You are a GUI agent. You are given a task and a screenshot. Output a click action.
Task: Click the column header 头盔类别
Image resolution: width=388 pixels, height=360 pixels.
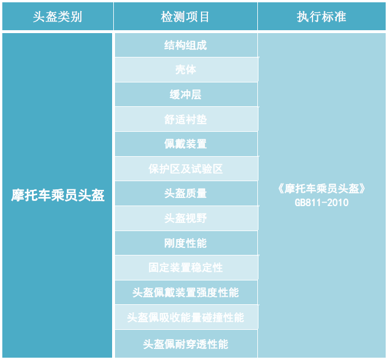[58, 17]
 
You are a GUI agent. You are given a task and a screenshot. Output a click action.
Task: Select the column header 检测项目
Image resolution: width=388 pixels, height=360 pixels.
[186, 17]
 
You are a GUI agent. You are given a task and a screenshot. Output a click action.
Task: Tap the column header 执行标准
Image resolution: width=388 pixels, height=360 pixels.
[322, 17]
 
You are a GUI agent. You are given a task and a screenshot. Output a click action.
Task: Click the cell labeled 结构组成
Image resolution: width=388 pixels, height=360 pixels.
[186, 45]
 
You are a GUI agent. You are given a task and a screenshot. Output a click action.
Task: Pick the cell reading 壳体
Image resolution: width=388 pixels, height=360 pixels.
[186, 70]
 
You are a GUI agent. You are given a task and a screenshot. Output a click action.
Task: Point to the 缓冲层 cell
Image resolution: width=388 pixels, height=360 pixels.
[186, 95]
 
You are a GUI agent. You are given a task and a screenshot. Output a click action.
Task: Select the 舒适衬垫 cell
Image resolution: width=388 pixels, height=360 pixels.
[186, 119]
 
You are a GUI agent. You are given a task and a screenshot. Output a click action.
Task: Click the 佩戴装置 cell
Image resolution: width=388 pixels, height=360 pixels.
[186, 144]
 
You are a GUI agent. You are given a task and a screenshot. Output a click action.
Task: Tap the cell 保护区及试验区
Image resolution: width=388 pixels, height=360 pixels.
[186, 169]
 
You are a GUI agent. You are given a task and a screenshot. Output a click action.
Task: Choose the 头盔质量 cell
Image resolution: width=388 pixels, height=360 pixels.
[186, 193]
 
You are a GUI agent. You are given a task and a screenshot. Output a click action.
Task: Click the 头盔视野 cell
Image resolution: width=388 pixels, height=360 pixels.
[186, 218]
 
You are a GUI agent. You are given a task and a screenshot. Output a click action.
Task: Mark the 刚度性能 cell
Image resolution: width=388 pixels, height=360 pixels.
[186, 243]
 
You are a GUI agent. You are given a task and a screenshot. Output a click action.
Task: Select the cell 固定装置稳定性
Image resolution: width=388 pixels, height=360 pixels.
[186, 268]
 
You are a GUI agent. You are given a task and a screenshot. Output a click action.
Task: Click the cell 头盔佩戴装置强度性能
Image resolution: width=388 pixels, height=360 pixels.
[186, 293]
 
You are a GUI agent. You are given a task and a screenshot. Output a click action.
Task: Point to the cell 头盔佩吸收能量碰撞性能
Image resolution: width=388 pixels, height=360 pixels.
[186, 317]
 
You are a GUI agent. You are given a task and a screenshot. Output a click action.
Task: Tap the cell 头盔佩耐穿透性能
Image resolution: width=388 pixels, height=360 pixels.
[186, 344]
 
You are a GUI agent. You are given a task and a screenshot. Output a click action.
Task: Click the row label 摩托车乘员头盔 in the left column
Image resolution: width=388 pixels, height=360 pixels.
[58, 195]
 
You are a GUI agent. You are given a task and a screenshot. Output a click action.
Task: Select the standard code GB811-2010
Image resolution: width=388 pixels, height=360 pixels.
[322, 203]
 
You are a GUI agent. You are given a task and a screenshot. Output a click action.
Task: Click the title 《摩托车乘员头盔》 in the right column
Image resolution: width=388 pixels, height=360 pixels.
[322, 189]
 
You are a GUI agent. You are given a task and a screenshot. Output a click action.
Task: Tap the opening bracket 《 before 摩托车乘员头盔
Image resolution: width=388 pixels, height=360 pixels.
[281, 189]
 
